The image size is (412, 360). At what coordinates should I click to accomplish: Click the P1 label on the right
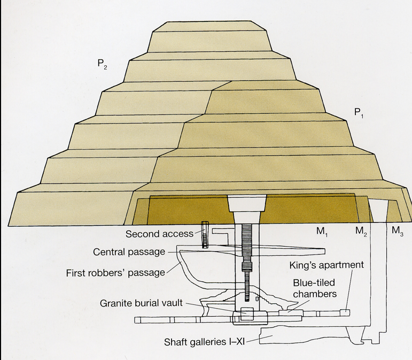358,112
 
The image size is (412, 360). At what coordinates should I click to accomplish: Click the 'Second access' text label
159,234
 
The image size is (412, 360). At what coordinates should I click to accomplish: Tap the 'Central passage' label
129,252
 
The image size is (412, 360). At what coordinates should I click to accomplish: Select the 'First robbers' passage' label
115,272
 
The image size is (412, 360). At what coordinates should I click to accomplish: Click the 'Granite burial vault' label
142,303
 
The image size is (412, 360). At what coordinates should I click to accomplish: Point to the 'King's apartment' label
327,265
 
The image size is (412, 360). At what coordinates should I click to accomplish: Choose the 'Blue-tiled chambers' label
314,287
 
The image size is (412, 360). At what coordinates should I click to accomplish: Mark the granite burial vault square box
246,315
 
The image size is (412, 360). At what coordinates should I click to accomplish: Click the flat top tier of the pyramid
208,27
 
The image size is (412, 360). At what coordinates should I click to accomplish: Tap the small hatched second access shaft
204,234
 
